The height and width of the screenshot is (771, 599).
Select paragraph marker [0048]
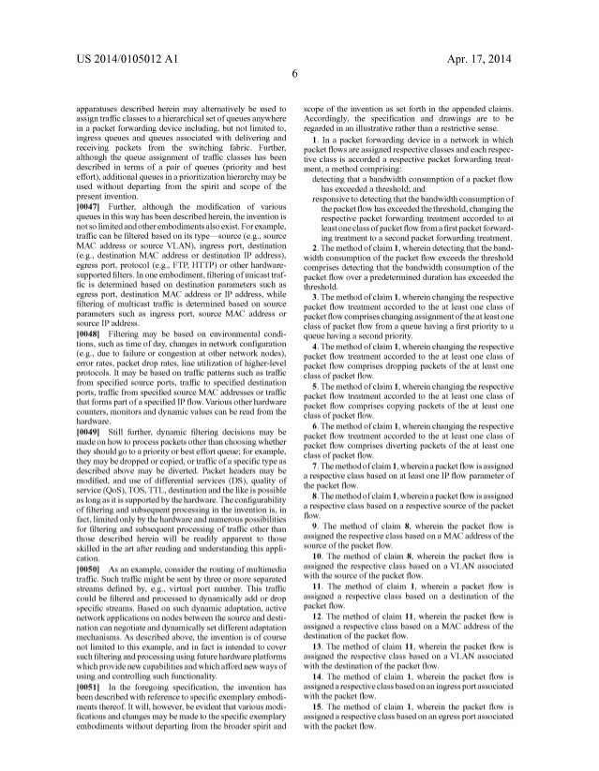click(93, 333)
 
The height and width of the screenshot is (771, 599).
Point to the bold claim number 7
click(324, 466)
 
